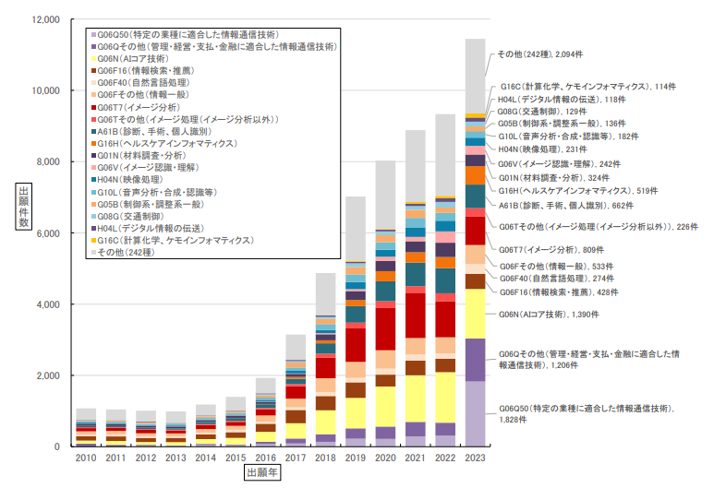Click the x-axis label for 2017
point(295,458)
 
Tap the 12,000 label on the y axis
point(42,19)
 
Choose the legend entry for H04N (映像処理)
point(129,179)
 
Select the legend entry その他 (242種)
point(130,251)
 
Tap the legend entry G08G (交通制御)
point(130,215)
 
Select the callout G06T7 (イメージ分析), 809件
point(547,249)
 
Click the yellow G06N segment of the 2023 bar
point(475,314)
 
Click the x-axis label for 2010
point(85,458)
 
